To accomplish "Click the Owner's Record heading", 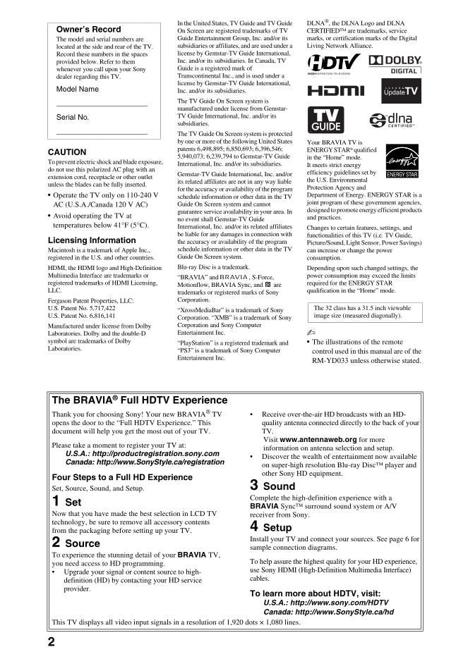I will point(88,30).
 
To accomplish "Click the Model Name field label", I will point(78,90).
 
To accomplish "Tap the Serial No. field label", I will point(73,117).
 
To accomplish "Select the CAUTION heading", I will point(67,152).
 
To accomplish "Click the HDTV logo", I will point(334,64).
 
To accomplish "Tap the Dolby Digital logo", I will point(395,64).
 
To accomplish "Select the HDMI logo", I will point(335,92).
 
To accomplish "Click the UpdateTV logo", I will point(400,92).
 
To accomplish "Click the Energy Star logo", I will point(402,161).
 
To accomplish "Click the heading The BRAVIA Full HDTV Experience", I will point(130,400).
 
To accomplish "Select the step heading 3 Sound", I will point(272,486).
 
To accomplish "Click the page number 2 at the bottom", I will point(52,641).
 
